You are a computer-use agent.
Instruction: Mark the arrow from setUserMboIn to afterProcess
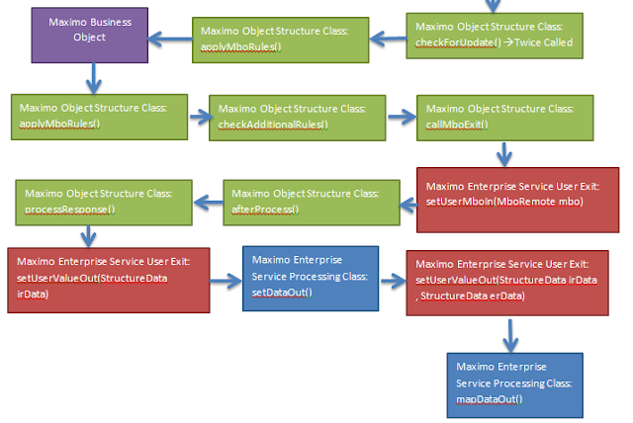point(407,201)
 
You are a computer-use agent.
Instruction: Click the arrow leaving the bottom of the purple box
point(90,75)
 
